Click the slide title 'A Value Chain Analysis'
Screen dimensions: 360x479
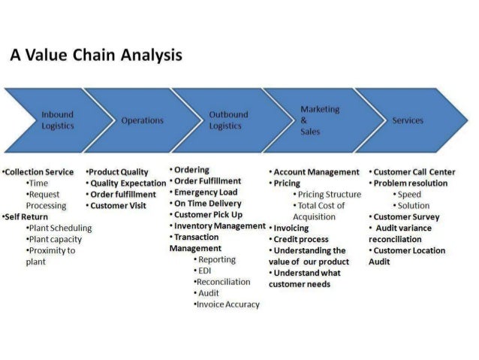pyautogui.click(x=95, y=56)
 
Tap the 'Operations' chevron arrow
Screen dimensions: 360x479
pyautogui.click(x=142, y=120)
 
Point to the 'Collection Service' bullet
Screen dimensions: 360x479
pyautogui.click(x=39, y=171)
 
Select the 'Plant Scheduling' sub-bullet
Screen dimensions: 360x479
pyautogui.click(x=60, y=228)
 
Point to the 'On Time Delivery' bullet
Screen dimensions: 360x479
pyautogui.click(x=208, y=203)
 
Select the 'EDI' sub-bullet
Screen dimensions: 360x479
pyautogui.click(x=205, y=271)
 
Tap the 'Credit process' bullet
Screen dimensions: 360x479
pyautogui.click(x=301, y=239)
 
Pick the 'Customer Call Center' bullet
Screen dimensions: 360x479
pyautogui.click(x=414, y=171)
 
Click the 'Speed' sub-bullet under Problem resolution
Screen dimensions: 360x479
pyautogui.click(x=409, y=194)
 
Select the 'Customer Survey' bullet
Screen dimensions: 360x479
pyautogui.click(x=406, y=216)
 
